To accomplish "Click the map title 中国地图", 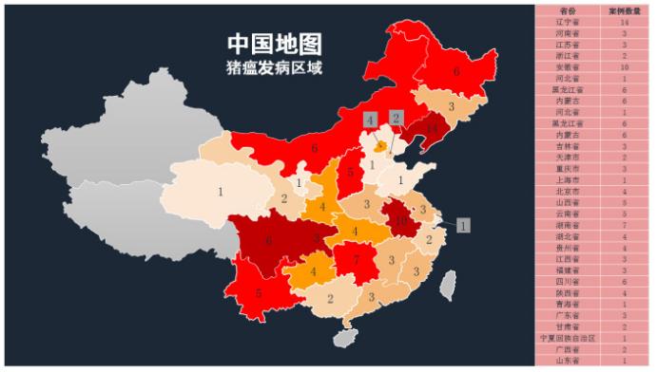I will click(x=274, y=44).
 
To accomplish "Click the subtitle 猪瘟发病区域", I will click(x=274, y=68).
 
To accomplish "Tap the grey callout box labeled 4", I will click(x=370, y=120).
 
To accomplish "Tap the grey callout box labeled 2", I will click(x=396, y=118).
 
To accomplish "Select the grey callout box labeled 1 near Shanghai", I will click(x=463, y=226).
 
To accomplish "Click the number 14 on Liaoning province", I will click(x=433, y=128).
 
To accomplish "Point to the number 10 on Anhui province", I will click(x=401, y=220).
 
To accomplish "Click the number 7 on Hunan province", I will click(x=357, y=259).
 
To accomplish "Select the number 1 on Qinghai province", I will click(x=221, y=193).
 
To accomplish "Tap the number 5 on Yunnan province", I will click(x=258, y=294).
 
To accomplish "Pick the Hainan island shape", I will click(x=343, y=337).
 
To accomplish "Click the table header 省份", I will click(x=569, y=9).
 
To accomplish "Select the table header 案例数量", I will click(x=624, y=9).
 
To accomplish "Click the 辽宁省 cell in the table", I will click(x=569, y=21).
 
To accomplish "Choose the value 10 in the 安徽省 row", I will click(x=624, y=67).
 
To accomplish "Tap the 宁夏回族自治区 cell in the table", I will click(x=569, y=338).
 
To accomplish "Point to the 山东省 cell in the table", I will click(x=569, y=361).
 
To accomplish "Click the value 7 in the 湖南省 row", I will click(x=624, y=225).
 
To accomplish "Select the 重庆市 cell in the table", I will click(x=569, y=169).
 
